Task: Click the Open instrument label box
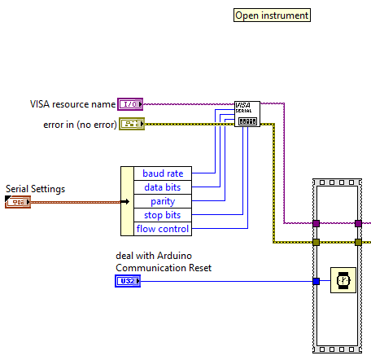(x=272, y=15)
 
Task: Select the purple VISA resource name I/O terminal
(x=130, y=104)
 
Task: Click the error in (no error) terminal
(x=132, y=124)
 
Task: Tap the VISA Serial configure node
(x=247, y=114)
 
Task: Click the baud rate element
(x=163, y=173)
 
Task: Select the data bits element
(x=163, y=187)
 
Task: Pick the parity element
(x=163, y=201)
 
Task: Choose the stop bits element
(x=163, y=215)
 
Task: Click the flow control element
(x=163, y=229)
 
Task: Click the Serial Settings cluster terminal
(x=18, y=202)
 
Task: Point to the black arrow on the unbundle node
(x=125, y=201)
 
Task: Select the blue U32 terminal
(x=128, y=281)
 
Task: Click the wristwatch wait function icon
(x=343, y=280)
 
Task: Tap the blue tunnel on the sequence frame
(x=316, y=281)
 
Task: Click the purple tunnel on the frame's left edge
(x=316, y=223)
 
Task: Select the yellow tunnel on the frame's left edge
(x=316, y=242)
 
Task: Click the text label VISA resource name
(x=72, y=104)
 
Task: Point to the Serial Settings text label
(x=36, y=189)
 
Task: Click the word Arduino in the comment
(x=174, y=256)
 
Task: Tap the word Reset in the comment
(x=200, y=268)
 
